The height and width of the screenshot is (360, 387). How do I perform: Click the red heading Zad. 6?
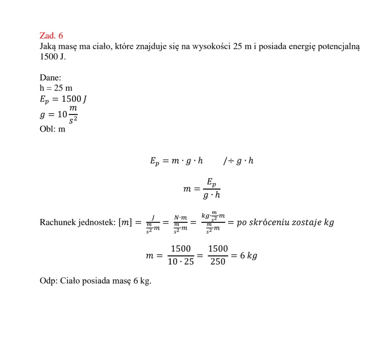51,35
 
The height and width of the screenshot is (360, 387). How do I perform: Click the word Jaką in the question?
49,47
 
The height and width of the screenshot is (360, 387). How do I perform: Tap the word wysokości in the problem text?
213,47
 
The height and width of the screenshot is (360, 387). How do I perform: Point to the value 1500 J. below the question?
53,57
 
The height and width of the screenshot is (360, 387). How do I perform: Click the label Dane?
50,77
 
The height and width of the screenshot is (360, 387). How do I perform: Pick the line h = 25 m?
56,88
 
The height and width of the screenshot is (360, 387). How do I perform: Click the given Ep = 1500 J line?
62,99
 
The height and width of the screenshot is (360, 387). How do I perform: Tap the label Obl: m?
52,129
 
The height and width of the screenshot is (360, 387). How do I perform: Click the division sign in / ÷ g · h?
230,161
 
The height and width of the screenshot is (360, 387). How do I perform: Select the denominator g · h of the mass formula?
212,195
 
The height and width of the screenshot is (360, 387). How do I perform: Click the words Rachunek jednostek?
77,222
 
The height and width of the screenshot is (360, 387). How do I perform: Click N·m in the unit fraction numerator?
180,218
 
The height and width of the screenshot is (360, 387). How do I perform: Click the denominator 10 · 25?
181,262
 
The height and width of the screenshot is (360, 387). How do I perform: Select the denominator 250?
218,262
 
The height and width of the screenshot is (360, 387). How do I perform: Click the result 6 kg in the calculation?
249,255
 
